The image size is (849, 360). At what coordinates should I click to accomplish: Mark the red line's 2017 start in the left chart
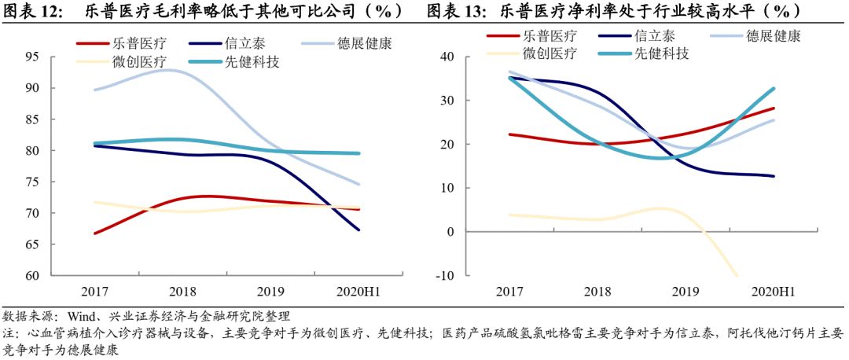click(94, 233)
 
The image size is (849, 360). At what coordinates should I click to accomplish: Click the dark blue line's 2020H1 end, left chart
click(359, 230)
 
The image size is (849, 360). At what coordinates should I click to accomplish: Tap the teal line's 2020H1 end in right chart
click(774, 88)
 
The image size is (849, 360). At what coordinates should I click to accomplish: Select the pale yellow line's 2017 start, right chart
click(509, 215)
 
